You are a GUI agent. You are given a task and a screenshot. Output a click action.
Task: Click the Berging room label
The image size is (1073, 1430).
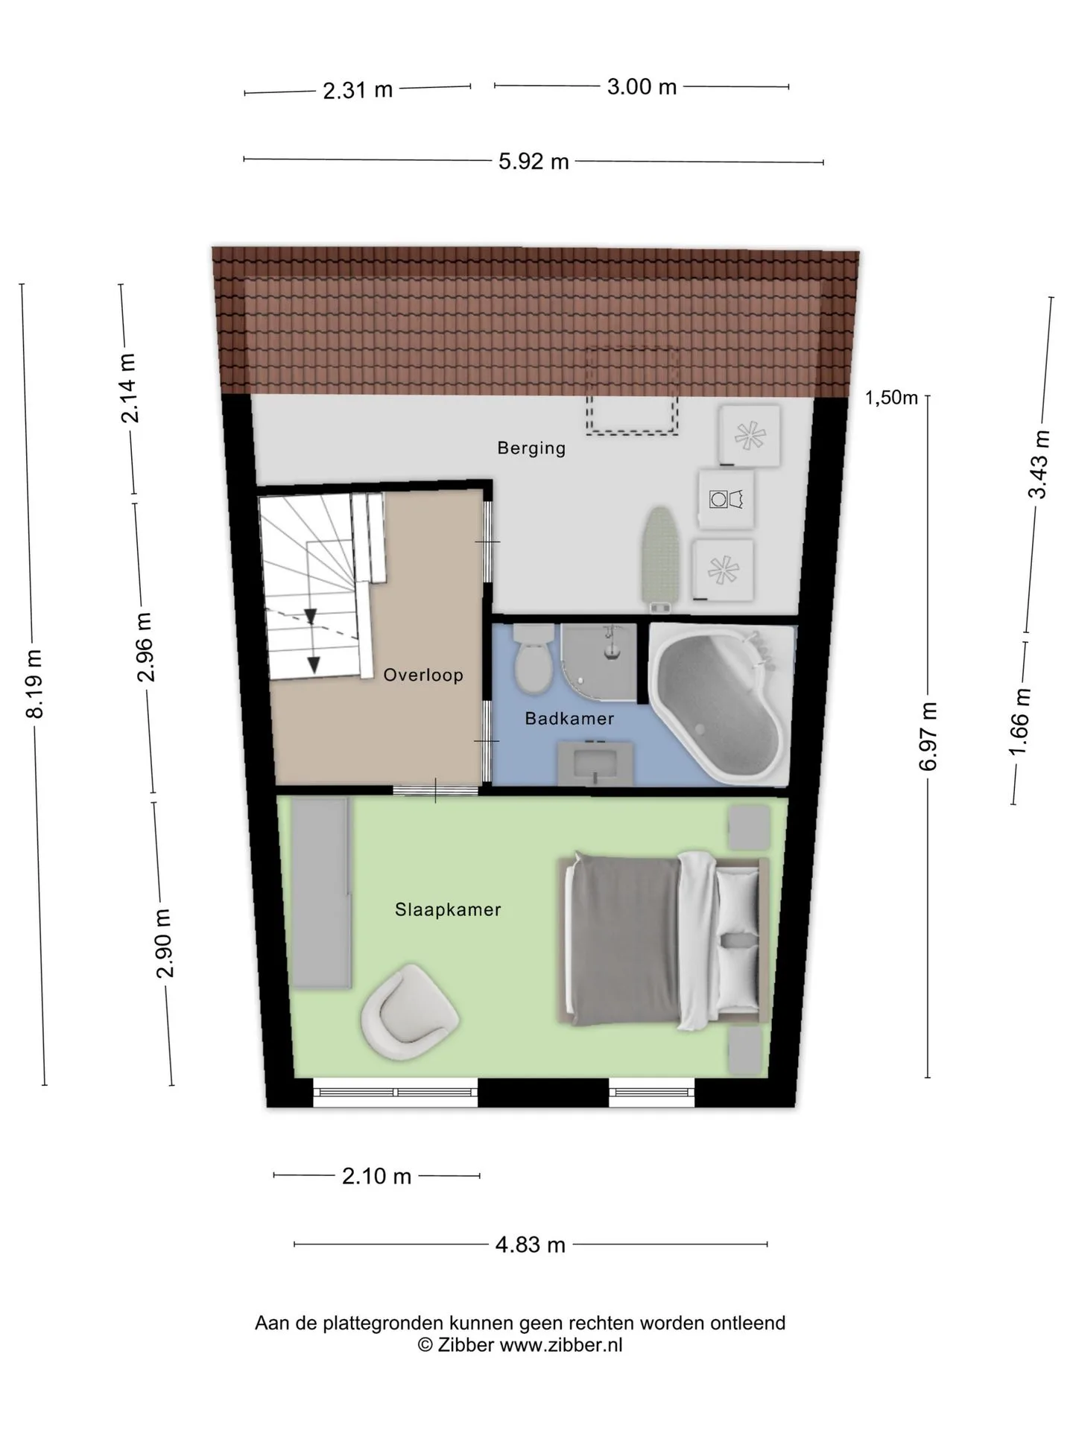tap(531, 448)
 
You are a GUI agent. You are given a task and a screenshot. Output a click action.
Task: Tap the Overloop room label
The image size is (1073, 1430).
tap(423, 675)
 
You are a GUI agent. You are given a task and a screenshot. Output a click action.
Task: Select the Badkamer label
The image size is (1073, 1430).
tap(569, 719)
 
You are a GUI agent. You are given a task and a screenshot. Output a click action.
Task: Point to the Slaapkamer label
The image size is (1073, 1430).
tap(448, 909)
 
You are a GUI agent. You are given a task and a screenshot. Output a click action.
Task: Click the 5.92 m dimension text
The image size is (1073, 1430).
tap(534, 161)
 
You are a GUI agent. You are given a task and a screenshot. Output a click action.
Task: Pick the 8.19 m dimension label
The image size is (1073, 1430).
tap(34, 684)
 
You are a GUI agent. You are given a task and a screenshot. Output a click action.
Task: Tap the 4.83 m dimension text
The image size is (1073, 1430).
tap(531, 1245)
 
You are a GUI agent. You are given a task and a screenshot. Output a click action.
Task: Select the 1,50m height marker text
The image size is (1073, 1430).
tap(891, 398)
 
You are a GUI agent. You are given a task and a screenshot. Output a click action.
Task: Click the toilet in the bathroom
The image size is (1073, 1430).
tap(534, 657)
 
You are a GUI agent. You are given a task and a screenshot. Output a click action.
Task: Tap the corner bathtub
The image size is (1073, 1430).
tap(720, 704)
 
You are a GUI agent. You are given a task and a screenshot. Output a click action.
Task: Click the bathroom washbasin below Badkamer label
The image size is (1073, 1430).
tap(595, 762)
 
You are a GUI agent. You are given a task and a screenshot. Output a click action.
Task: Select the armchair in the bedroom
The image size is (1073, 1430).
tap(408, 1011)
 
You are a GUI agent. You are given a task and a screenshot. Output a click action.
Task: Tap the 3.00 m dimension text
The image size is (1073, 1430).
tap(642, 87)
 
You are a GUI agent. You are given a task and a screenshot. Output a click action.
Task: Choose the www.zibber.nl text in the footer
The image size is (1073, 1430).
tap(560, 1344)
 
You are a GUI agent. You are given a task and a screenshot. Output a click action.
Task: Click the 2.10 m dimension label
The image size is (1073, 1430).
tap(376, 1176)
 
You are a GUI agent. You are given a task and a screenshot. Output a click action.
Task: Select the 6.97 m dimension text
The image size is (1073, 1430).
tap(928, 736)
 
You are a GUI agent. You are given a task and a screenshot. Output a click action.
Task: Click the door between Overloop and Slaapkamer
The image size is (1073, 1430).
tap(436, 790)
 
